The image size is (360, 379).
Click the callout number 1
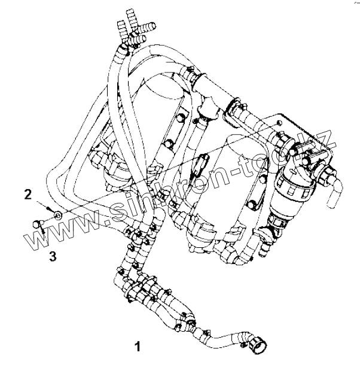[138, 345]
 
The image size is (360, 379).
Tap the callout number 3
[53, 256]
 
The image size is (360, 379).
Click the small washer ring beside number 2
[57, 214]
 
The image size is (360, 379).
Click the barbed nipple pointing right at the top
[147, 26]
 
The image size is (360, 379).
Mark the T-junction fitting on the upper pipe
[210, 107]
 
